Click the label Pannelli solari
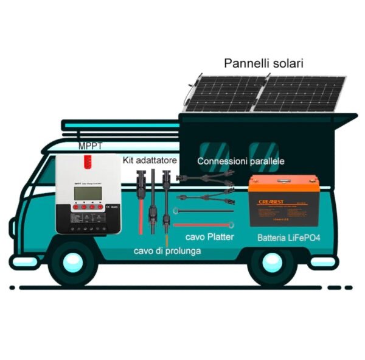pos(263,63)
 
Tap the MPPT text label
pos(90,146)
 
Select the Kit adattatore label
pos(150,160)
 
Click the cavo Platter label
pos(209,236)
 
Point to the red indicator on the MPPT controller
pos(88,161)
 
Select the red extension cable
pos(142,216)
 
